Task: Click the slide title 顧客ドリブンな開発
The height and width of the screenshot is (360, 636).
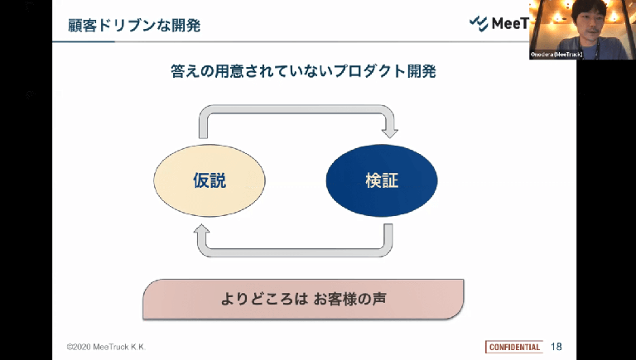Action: point(133,25)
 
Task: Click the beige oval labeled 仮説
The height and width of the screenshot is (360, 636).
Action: point(209,180)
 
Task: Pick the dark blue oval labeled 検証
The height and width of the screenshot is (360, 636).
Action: point(381,180)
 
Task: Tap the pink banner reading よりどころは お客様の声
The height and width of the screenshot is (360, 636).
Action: point(303,299)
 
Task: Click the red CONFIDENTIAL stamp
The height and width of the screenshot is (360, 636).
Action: point(513,346)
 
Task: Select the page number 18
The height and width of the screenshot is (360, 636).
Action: point(556,346)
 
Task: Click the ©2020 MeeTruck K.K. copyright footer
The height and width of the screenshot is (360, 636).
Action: point(111,346)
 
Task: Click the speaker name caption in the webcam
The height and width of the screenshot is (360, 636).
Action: point(556,55)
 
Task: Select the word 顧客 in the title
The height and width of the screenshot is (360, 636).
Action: point(82,25)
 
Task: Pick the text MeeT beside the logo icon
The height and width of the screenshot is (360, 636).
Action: point(510,23)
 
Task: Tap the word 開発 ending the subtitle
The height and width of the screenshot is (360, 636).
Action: point(420,72)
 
